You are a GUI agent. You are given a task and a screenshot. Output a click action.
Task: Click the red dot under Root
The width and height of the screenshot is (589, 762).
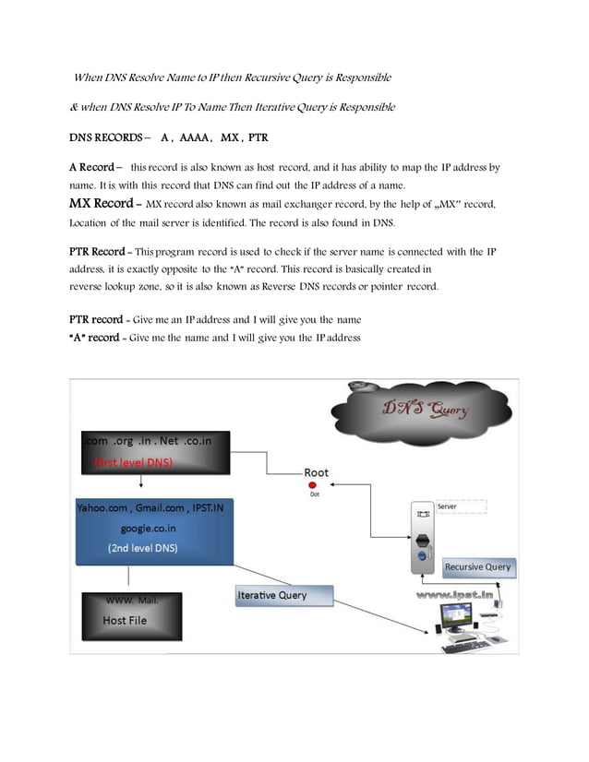[313, 484]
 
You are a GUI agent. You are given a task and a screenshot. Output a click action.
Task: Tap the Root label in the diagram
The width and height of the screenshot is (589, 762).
[316, 472]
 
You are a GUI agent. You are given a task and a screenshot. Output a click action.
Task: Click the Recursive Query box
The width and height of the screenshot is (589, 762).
[477, 566]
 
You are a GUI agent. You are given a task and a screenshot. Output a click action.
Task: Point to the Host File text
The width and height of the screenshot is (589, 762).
[124, 621]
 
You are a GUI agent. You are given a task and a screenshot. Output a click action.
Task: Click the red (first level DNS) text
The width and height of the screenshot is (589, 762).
[134, 462]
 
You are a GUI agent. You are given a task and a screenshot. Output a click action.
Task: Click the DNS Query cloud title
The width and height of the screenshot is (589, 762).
[425, 409]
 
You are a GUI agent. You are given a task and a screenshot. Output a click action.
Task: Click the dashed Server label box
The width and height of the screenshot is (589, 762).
[459, 506]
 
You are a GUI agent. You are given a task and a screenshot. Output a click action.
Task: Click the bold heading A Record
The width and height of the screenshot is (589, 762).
[92, 168]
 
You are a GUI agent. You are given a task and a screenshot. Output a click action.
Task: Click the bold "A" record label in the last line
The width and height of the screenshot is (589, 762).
[94, 338]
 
